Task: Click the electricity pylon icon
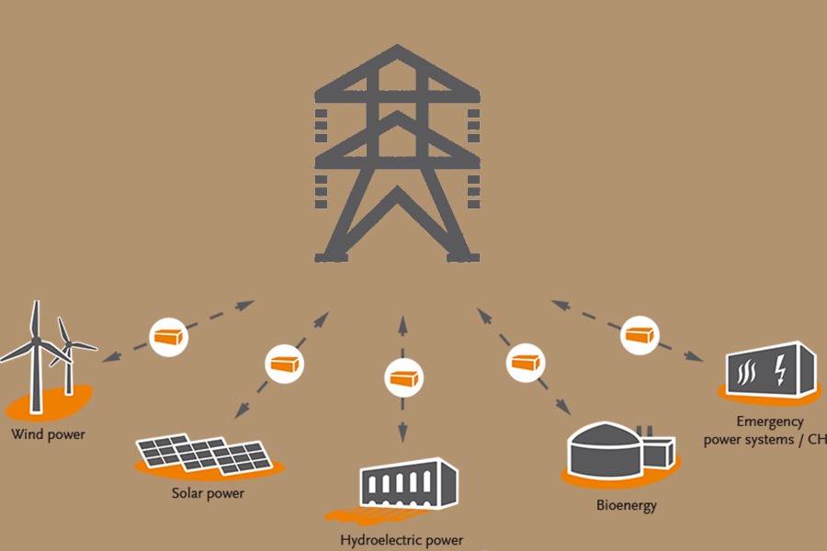pos(397,156)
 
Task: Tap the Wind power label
pos(48,433)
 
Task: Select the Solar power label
pos(208,493)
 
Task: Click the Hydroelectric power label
pos(402,539)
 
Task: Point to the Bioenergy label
pos(627,505)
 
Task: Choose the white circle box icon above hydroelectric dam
pos(402,377)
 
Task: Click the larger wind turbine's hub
pos(37,341)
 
